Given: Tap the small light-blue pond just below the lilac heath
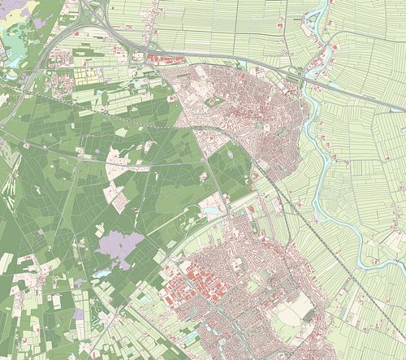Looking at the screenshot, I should pyautogui.click(x=103, y=274).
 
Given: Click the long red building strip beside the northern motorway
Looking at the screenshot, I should pyautogui.click(x=166, y=59).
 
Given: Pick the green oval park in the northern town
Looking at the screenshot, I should pyautogui.click(x=214, y=102).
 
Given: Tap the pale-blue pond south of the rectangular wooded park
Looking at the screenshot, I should pyautogui.click(x=212, y=210).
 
